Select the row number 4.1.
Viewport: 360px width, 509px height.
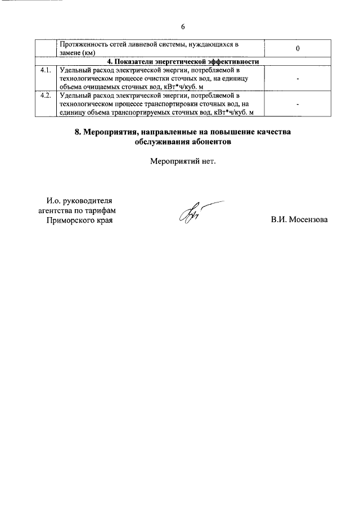point(46,70)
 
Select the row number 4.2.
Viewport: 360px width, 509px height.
point(46,96)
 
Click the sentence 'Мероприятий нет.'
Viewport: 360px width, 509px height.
point(183,162)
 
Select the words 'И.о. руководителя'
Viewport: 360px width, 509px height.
point(79,200)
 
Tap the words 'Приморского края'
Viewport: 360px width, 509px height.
point(79,220)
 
